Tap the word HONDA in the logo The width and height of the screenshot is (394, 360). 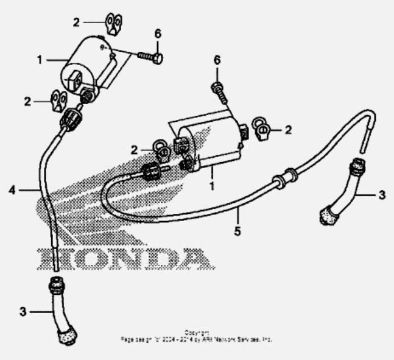[125, 258]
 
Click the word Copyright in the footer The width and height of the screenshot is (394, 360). [196, 332]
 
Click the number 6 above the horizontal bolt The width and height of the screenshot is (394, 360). [158, 34]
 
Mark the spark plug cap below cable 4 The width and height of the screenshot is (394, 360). [63, 309]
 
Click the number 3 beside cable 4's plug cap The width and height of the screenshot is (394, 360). [23, 311]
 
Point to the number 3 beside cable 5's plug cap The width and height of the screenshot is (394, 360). [382, 195]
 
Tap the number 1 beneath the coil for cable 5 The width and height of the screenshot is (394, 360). [212, 184]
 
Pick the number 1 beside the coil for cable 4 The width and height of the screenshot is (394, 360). [40, 60]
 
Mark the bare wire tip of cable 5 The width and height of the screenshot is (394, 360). [365, 144]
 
